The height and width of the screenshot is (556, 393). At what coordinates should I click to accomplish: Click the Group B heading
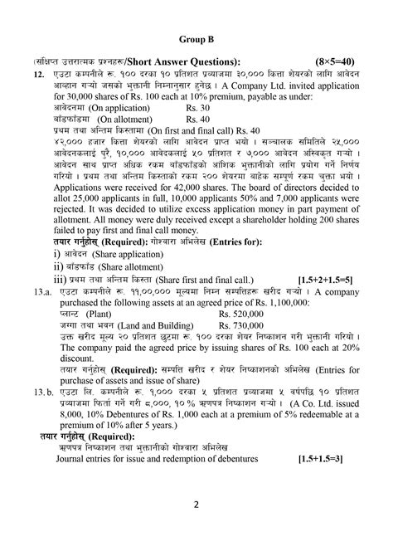pyautogui.click(x=196, y=38)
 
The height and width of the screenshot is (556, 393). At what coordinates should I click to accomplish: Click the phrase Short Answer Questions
pyautogui.click(x=187, y=62)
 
